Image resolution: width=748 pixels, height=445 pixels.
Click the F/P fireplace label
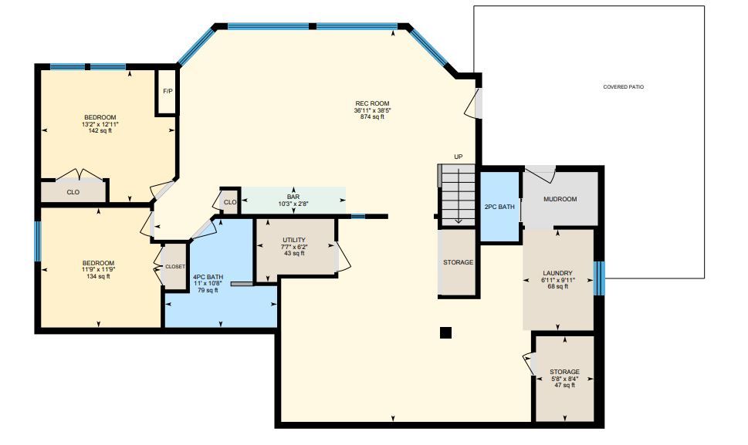point(168,91)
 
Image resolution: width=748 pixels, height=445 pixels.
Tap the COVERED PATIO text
point(623,87)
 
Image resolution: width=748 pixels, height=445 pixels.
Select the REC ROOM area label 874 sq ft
point(372,116)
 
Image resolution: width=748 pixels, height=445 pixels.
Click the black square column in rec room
point(445,332)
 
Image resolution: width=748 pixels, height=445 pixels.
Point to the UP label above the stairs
point(458,157)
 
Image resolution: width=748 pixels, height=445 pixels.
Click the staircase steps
point(457,195)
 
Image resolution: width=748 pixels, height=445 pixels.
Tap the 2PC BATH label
point(499,207)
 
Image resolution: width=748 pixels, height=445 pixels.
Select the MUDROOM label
point(560,199)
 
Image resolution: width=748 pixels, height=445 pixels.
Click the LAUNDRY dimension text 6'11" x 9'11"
point(557,280)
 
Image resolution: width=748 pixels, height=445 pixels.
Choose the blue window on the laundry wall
point(600,278)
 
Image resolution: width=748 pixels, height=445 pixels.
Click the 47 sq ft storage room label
point(565,385)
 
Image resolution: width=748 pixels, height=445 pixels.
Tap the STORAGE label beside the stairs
point(458,262)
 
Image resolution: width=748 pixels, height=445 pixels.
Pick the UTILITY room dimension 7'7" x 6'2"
point(294,247)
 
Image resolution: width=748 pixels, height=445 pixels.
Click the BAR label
point(293,197)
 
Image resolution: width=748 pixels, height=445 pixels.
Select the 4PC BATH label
point(208,277)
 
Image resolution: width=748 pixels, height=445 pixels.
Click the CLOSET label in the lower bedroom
point(175,267)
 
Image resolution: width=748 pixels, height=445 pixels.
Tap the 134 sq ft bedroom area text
point(98,276)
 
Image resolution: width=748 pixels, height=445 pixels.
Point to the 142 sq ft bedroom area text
point(100,130)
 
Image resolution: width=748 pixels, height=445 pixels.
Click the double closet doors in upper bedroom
point(80,174)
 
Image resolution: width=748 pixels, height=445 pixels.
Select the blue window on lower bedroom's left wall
point(38,241)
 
